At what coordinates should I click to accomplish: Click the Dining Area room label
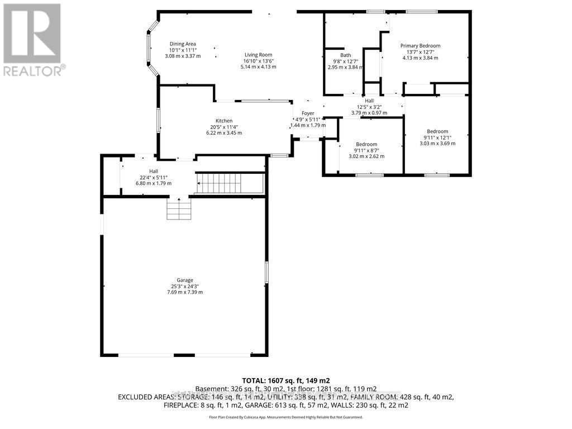tap(183, 44)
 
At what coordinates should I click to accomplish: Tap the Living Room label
tap(258, 55)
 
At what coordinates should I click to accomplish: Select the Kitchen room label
tap(224, 121)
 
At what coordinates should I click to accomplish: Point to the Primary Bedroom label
tap(420, 46)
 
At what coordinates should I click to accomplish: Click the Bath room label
tap(346, 55)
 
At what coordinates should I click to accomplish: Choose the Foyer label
tap(308, 113)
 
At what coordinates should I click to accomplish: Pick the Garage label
tap(185, 280)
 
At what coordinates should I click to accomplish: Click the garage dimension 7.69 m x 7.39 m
tap(185, 292)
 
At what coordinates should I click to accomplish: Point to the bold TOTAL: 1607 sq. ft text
tap(286, 380)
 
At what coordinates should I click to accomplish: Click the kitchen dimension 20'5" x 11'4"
tap(224, 127)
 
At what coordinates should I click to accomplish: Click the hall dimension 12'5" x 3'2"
tap(369, 107)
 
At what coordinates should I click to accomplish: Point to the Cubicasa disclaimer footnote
tap(286, 417)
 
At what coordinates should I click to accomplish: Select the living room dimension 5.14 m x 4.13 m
tap(258, 67)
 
